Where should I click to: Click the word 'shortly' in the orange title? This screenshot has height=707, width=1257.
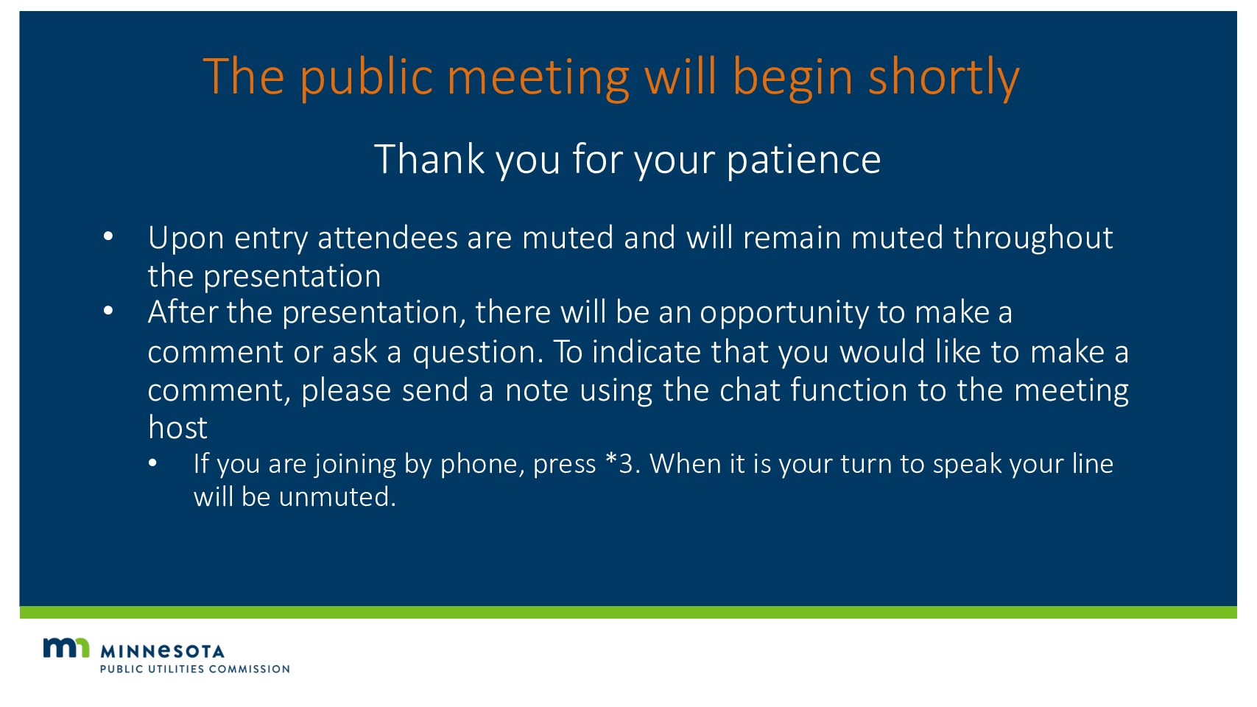pos(944,78)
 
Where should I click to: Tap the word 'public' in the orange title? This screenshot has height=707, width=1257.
pos(367,78)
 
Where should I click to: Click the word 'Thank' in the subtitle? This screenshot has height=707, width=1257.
pos(429,159)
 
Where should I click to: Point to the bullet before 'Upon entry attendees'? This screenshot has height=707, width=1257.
pos(108,236)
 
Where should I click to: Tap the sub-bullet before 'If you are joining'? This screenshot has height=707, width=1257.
pos(152,463)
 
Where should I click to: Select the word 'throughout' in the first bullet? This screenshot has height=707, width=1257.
pos(1033,238)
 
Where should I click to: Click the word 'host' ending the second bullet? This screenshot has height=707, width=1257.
pos(177,428)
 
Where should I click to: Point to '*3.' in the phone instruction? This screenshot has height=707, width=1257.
pos(624,465)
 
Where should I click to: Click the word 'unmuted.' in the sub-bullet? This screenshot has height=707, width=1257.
pos(337,497)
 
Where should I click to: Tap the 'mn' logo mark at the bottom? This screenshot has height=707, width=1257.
pos(66,647)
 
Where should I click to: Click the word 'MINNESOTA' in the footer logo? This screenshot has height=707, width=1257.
pos(162,652)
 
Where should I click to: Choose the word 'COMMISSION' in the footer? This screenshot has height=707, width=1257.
pos(250,669)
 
